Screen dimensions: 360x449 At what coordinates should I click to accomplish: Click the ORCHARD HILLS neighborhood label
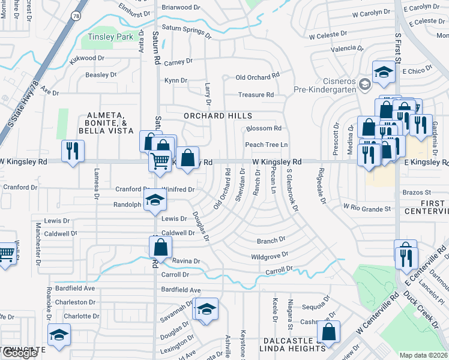(217, 115)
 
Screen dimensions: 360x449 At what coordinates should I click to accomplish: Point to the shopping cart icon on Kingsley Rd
(159, 160)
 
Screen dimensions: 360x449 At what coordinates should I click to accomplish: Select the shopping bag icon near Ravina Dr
(160, 246)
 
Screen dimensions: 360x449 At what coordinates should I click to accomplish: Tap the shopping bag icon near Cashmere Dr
(328, 331)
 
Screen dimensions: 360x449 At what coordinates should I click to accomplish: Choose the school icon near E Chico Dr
(382, 73)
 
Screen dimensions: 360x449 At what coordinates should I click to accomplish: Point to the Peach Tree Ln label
(266, 145)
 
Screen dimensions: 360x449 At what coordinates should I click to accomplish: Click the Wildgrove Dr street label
(270, 256)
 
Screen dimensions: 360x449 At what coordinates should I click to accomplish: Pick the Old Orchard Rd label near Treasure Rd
(258, 76)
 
